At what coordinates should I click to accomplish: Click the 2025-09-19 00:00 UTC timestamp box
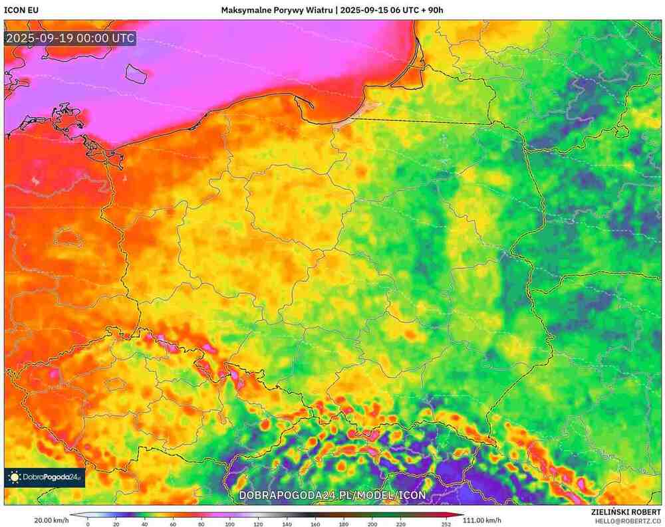pos(70,39)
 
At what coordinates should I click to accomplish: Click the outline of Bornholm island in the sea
pos(136,72)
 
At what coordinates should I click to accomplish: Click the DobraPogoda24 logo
pos(45,477)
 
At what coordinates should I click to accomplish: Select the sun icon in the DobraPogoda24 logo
pos(14,477)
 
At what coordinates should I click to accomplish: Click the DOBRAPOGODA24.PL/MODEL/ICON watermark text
pos(332,495)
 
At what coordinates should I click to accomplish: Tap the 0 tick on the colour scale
pos(88,524)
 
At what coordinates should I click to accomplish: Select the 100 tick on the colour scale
pos(230,524)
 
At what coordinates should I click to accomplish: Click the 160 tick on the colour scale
pos(316,524)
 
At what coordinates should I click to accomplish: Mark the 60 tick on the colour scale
pos(173,524)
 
